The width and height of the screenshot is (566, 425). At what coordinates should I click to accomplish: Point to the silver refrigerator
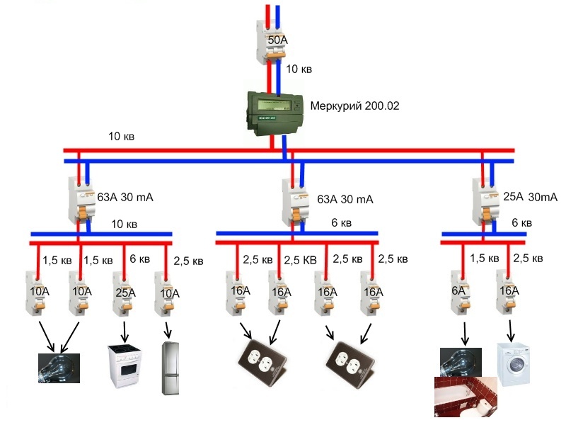pos(171,368)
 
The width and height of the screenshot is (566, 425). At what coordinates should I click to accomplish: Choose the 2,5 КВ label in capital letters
pos(301,259)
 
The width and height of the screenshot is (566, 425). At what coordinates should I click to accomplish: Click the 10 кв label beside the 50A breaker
pos(298,69)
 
